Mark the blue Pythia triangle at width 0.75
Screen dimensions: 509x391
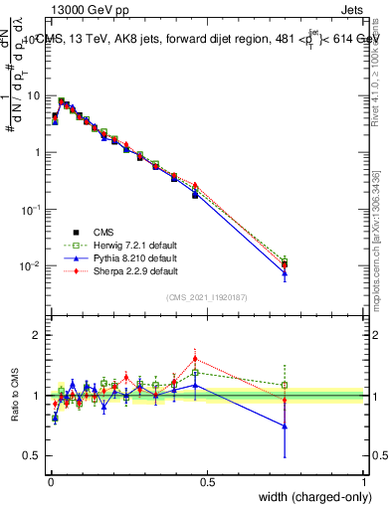[x=285, y=272]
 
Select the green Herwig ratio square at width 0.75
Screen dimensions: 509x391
[x=285, y=385]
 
